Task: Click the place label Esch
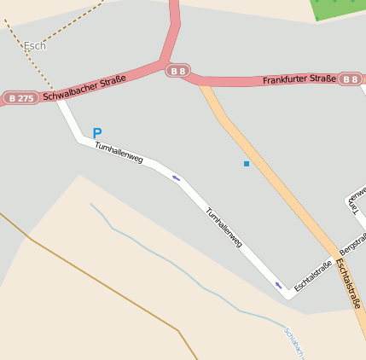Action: click(35, 46)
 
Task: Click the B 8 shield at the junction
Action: click(177, 71)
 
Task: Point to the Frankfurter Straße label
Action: click(299, 79)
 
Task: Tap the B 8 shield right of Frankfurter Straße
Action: click(351, 79)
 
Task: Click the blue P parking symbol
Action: click(97, 133)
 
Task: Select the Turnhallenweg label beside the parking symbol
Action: click(119, 154)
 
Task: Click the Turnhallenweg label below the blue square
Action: click(224, 228)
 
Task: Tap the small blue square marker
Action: click(247, 163)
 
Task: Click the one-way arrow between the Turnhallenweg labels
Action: click(176, 177)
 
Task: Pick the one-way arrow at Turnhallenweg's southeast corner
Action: click(277, 284)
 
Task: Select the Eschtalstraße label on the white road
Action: click(312, 275)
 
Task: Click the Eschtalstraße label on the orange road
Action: click(351, 285)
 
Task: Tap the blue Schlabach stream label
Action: click(294, 343)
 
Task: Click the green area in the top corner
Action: click(338, 9)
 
